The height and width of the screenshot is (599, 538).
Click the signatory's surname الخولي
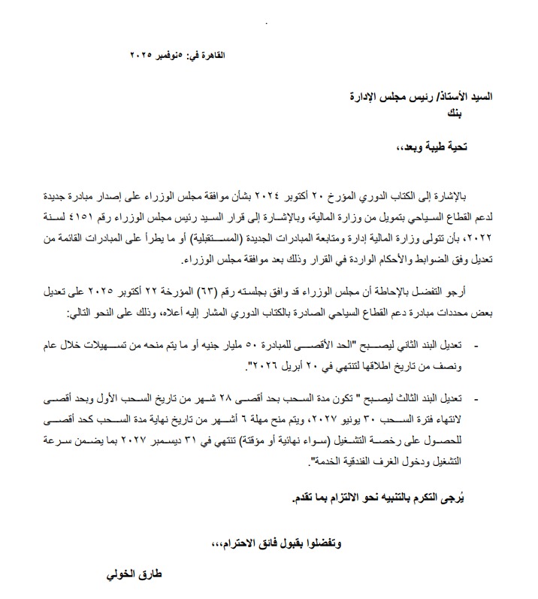pyautogui.click(x=125, y=576)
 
